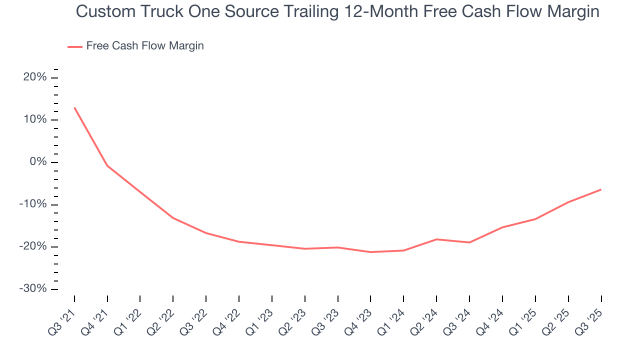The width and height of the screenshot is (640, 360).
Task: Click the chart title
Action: pos(337,11)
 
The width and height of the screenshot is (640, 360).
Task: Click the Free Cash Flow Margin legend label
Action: pos(145,46)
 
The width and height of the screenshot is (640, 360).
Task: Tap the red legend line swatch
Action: pos(75,46)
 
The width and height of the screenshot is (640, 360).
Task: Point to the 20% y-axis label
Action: pos(35,77)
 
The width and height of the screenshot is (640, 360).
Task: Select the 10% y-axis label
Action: pos(35,120)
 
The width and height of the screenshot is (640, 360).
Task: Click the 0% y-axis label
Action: pos(38,162)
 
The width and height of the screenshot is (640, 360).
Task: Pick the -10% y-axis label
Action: pos(33,204)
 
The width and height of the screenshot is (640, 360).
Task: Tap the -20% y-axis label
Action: pos(33,247)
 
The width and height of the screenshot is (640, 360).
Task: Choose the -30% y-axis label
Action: pos(33,289)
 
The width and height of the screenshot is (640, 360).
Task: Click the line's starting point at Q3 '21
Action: pos(74,107)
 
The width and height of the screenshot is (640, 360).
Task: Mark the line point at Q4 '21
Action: pos(107,165)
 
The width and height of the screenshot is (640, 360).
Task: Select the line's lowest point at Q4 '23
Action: pos(370,252)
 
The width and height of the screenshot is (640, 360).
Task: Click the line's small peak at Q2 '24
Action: pos(436,239)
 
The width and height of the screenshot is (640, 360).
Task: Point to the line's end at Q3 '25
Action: pos(601,189)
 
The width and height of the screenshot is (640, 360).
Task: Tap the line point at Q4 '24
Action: pos(502,227)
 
